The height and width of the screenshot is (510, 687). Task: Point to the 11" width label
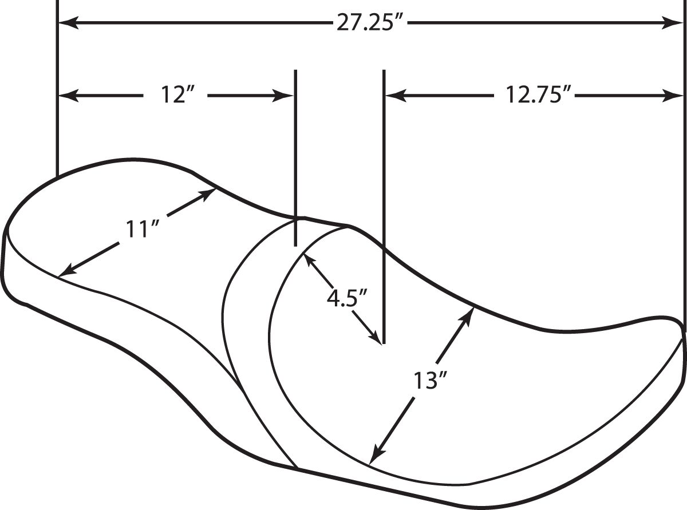click(x=141, y=229)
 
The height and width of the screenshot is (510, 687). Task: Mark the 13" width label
click(x=430, y=381)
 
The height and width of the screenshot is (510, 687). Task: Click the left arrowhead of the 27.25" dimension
click(x=69, y=23)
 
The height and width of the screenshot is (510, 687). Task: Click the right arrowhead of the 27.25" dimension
click(x=673, y=23)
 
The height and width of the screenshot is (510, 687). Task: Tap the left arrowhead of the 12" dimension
click(x=69, y=96)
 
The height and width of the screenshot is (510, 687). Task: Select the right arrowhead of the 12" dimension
click(x=282, y=96)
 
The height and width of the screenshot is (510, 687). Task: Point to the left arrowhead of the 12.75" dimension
click(x=396, y=96)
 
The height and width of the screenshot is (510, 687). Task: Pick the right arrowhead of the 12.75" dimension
click(x=673, y=96)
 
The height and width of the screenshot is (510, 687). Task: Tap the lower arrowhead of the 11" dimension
click(x=68, y=269)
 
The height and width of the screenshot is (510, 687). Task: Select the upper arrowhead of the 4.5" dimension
click(x=309, y=260)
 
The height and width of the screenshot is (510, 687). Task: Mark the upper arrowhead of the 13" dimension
click(x=468, y=316)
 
